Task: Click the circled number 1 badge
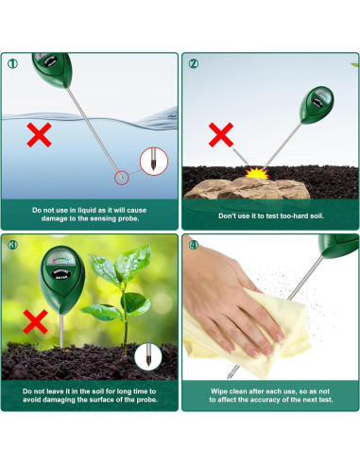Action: click(12, 64)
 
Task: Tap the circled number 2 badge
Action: click(194, 64)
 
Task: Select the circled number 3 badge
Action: click(12, 246)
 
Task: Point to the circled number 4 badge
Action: click(194, 246)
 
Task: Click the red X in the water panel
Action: click(39, 136)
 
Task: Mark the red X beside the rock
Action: click(221, 135)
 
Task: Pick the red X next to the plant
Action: click(36, 322)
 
